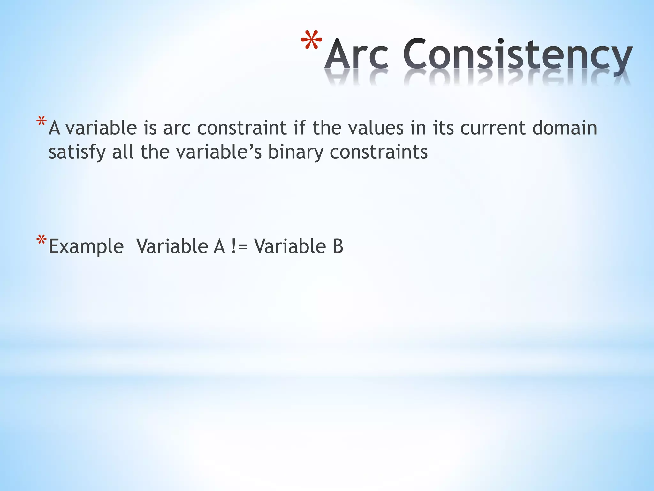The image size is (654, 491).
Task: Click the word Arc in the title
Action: (357, 54)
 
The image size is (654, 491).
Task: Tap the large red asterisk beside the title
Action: (312, 42)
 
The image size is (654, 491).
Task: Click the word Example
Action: (86, 247)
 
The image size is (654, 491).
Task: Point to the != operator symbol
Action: (239, 247)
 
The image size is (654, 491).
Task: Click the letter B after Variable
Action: (338, 247)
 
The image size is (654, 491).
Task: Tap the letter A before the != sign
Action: (219, 247)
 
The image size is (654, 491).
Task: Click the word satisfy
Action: (77, 152)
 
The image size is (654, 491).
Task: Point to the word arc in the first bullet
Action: (177, 129)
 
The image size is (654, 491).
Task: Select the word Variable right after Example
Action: (172, 247)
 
